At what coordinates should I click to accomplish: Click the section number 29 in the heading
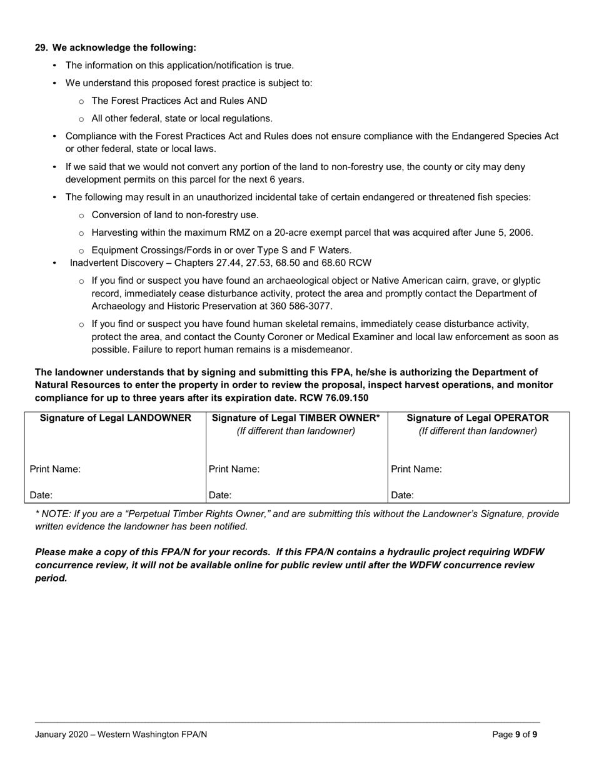click(x=41, y=48)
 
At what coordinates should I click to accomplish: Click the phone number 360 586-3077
click(x=300, y=306)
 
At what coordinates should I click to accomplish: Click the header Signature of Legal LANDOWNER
click(x=115, y=418)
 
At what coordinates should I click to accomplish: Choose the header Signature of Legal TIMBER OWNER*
click(x=296, y=418)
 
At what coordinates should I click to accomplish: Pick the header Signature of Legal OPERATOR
click(x=477, y=418)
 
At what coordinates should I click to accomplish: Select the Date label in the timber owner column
click(x=220, y=495)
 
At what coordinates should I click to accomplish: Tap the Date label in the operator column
click(x=402, y=495)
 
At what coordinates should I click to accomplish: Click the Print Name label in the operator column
click(x=416, y=469)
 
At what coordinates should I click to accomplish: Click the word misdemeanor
click(x=324, y=349)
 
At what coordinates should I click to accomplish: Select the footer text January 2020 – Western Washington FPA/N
click(x=121, y=735)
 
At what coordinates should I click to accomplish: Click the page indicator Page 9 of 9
click(x=515, y=735)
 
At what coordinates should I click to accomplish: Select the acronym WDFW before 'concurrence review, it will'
click(x=528, y=552)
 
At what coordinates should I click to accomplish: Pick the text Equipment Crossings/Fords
click(x=143, y=250)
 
